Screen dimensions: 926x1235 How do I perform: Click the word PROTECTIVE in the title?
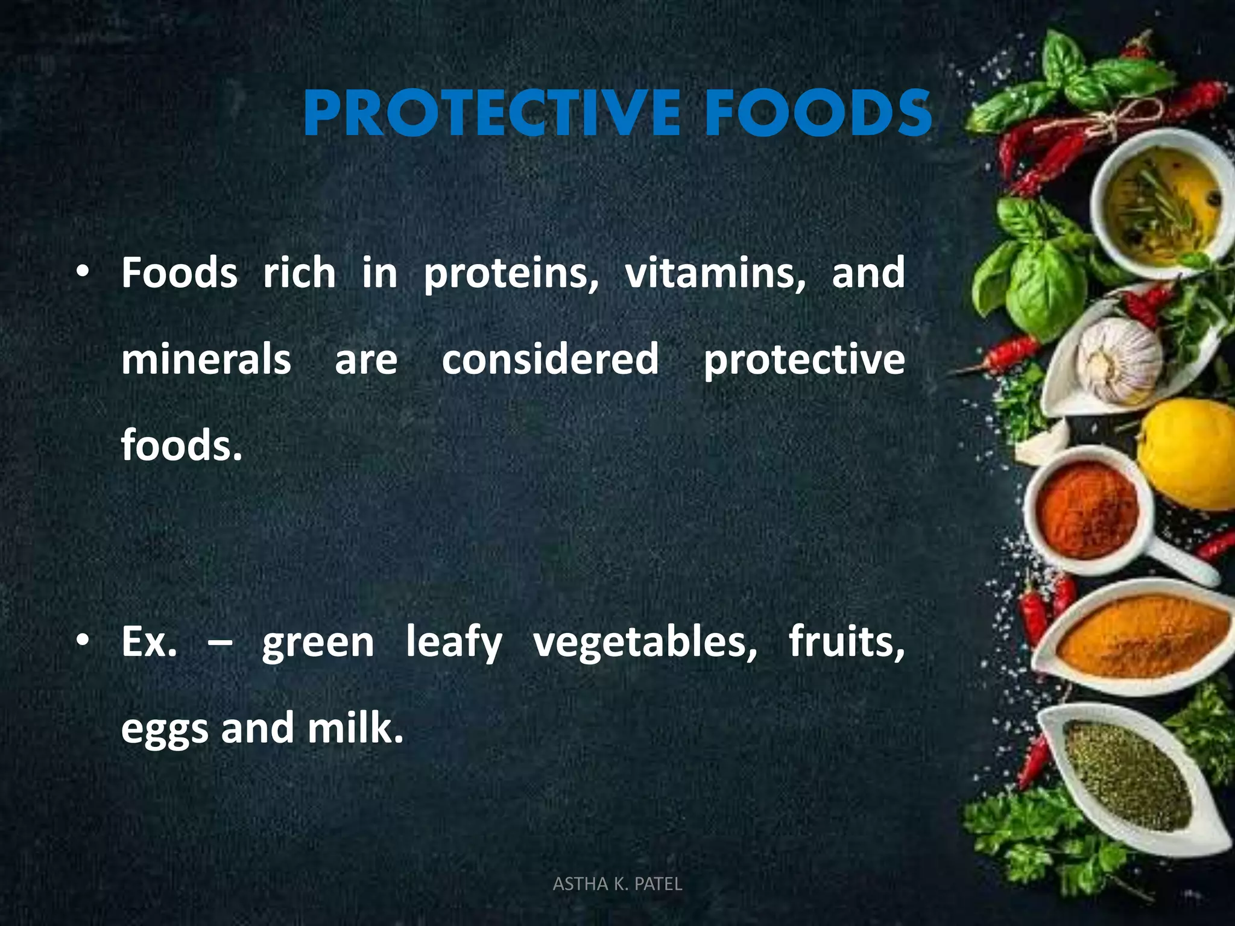pyautogui.click(x=491, y=113)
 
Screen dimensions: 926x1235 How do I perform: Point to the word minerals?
pyautogui.click(x=206, y=359)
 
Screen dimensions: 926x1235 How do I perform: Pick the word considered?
pyautogui.click(x=550, y=359)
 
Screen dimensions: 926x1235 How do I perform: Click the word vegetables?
pyautogui.click(x=645, y=643)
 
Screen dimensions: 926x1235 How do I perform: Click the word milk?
pyautogui.click(x=355, y=728)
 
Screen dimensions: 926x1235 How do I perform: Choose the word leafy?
pyautogui.click(x=453, y=643)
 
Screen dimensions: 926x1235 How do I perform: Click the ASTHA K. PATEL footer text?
pyautogui.click(x=617, y=884)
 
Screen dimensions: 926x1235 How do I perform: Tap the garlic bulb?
pyautogui.click(x=1120, y=359)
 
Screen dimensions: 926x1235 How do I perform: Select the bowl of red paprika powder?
pyautogui.click(x=1088, y=508)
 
